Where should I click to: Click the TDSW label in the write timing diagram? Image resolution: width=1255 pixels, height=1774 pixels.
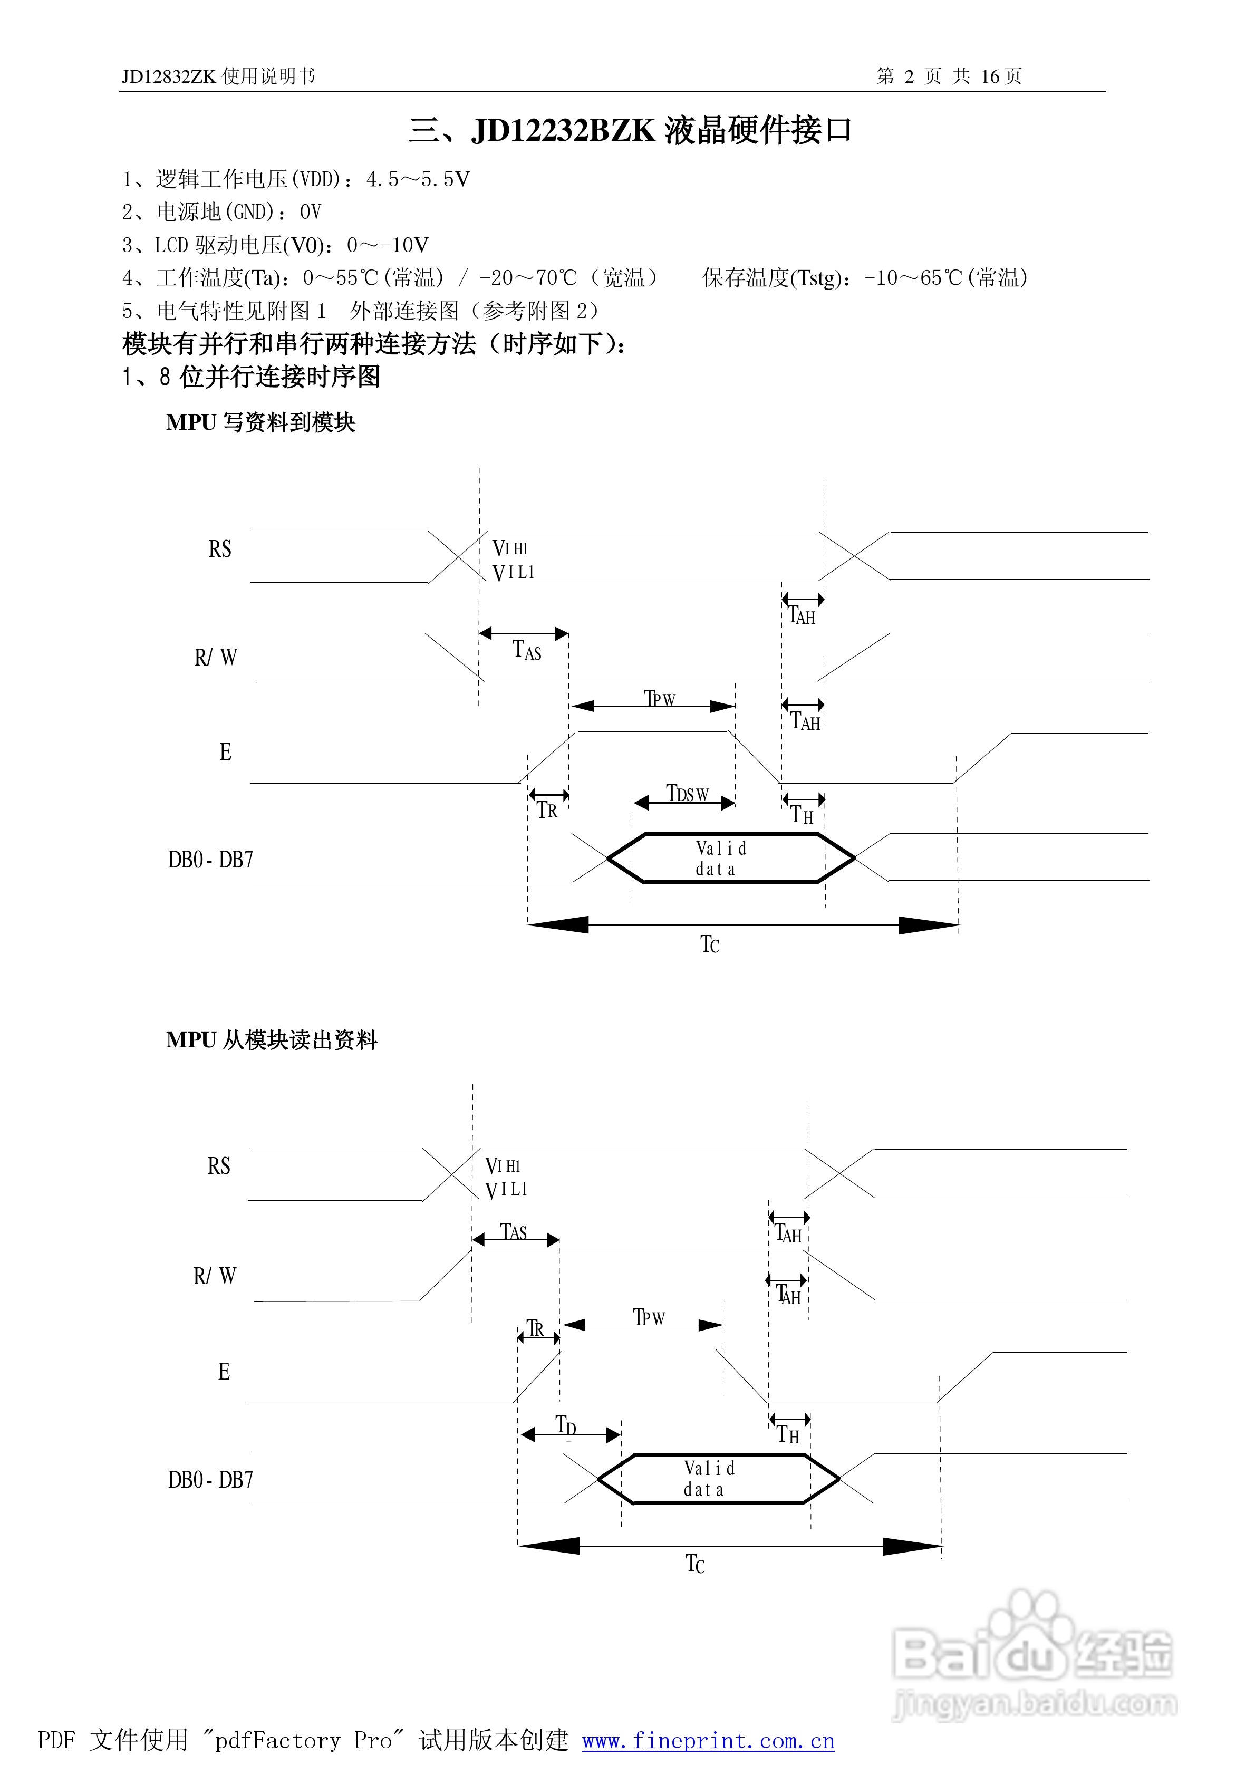[x=687, y=794]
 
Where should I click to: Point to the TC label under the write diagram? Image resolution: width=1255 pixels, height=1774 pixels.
[x=709, y=944]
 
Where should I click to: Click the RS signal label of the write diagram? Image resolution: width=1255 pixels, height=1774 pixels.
[x=219, y=549]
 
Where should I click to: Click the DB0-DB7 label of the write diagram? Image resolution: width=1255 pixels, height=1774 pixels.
[x=210, y=859]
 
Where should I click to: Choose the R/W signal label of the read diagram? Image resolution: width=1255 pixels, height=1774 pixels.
[x=214, y=1276]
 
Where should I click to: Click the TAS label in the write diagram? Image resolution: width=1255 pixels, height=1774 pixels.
[x=527, y=651]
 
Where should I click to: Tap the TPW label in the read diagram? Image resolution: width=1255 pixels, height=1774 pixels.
[x=649, y=1317]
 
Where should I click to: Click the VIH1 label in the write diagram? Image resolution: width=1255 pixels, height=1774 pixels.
[x=510, y=548]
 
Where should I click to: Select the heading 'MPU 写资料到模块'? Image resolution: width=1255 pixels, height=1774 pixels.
[x=260, y=422]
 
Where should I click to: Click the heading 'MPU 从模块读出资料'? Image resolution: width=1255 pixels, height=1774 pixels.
[x=271, y=1040]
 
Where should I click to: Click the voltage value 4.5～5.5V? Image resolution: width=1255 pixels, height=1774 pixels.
[x=417, y=180]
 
